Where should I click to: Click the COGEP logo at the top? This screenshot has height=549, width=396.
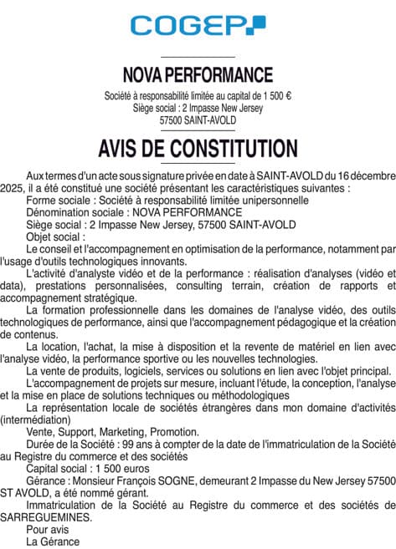[198, 26]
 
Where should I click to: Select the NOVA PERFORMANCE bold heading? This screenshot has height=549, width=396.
[198, 76]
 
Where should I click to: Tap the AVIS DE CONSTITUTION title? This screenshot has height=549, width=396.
[198, 149]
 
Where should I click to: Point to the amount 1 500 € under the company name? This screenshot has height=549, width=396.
[275, 96]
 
